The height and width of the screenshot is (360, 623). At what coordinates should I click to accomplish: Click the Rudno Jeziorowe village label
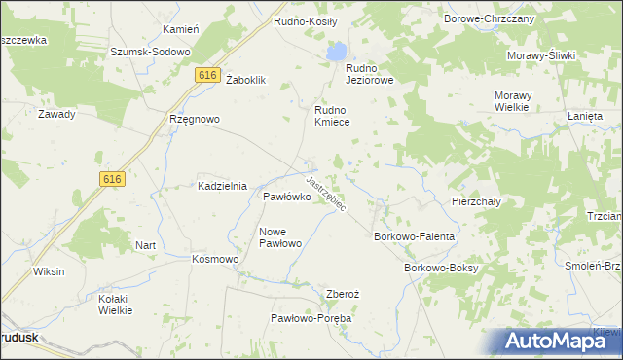pos(369,74)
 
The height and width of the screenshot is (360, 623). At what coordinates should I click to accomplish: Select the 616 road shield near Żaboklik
pos(205,75)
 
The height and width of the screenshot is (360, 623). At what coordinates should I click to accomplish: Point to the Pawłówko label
pos(286,197)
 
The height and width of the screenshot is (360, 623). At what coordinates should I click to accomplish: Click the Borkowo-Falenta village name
pos(416,236)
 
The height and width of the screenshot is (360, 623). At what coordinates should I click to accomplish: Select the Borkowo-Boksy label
pos(441,267)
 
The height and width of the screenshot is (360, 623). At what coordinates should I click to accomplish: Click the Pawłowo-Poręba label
pos(311,318)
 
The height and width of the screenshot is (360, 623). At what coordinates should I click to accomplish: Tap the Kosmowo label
pos(215,260)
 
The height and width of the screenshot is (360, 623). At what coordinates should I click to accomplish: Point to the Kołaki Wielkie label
pos(116,305)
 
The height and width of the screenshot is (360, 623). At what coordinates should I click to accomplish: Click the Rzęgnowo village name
pos(195,119)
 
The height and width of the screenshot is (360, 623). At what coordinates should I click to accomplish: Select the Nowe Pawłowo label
pos(280,236)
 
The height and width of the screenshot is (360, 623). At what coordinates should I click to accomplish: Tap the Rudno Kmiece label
pos(331,117)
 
